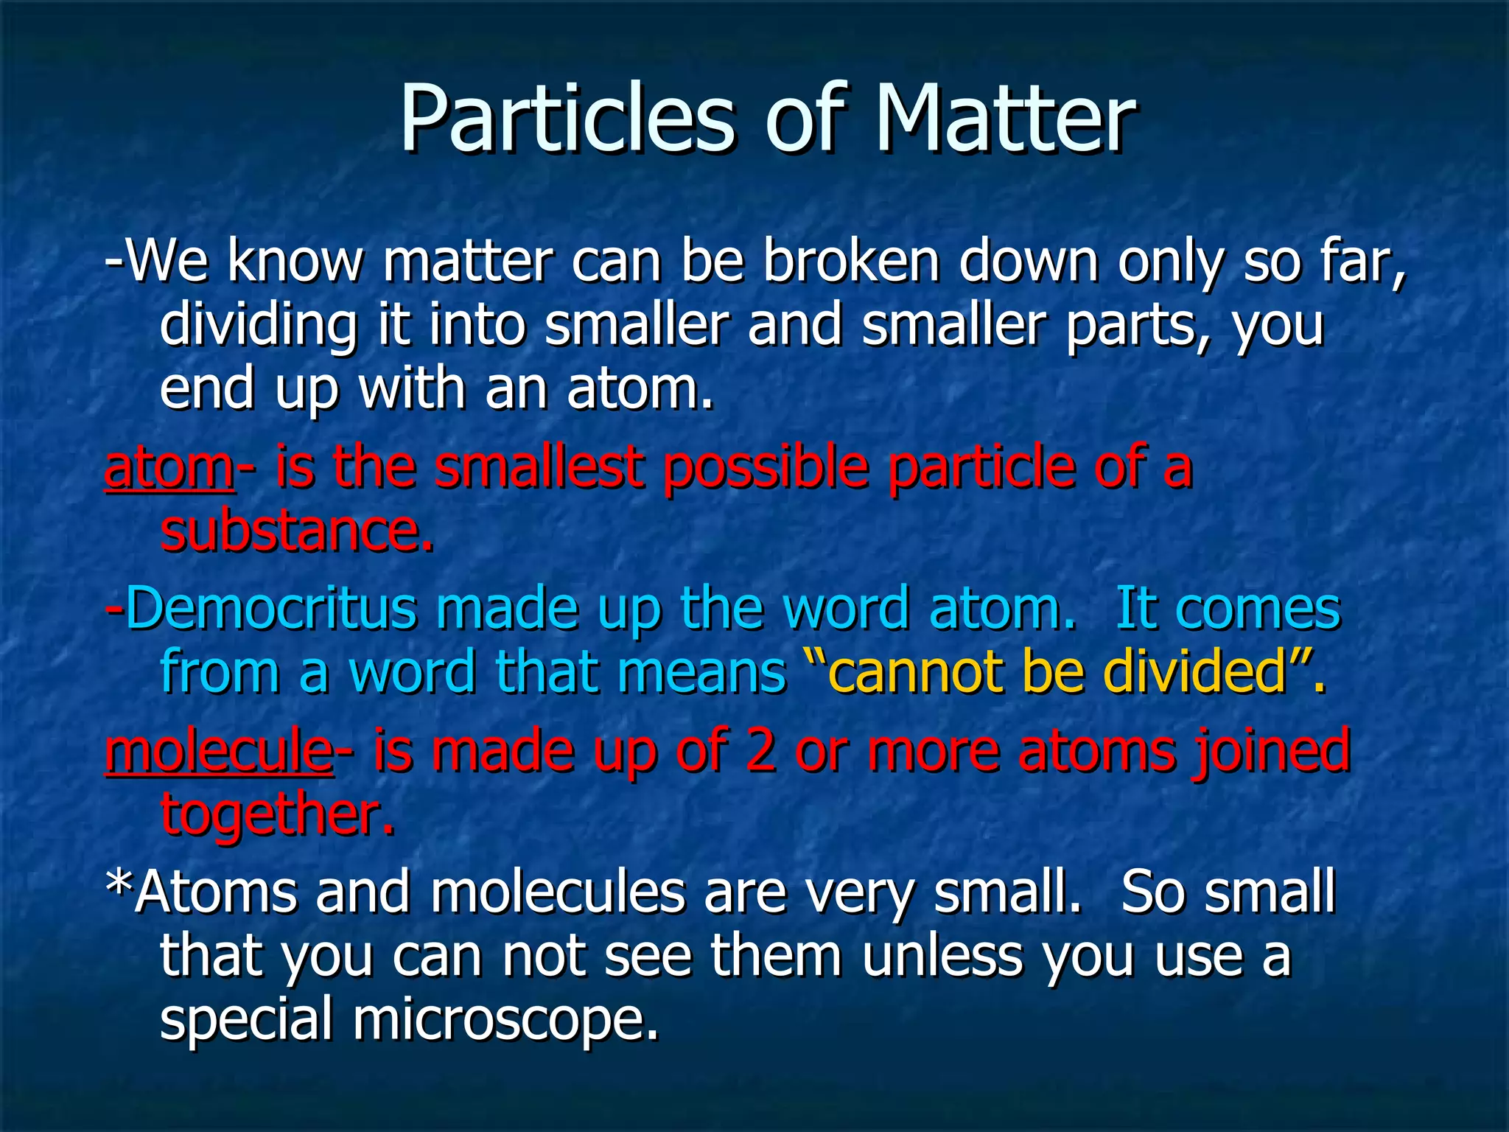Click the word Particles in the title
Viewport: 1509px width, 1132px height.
click(x=567, y=118)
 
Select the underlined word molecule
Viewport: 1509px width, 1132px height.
click(x=219, y=750)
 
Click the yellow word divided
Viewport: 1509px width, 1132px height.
click(x=1194, y=672)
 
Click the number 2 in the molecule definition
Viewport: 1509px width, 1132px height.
click(x=760, y=750)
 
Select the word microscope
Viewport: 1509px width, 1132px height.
click(x=505, y=1020)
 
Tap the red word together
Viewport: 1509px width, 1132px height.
click(x=277, y=815)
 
